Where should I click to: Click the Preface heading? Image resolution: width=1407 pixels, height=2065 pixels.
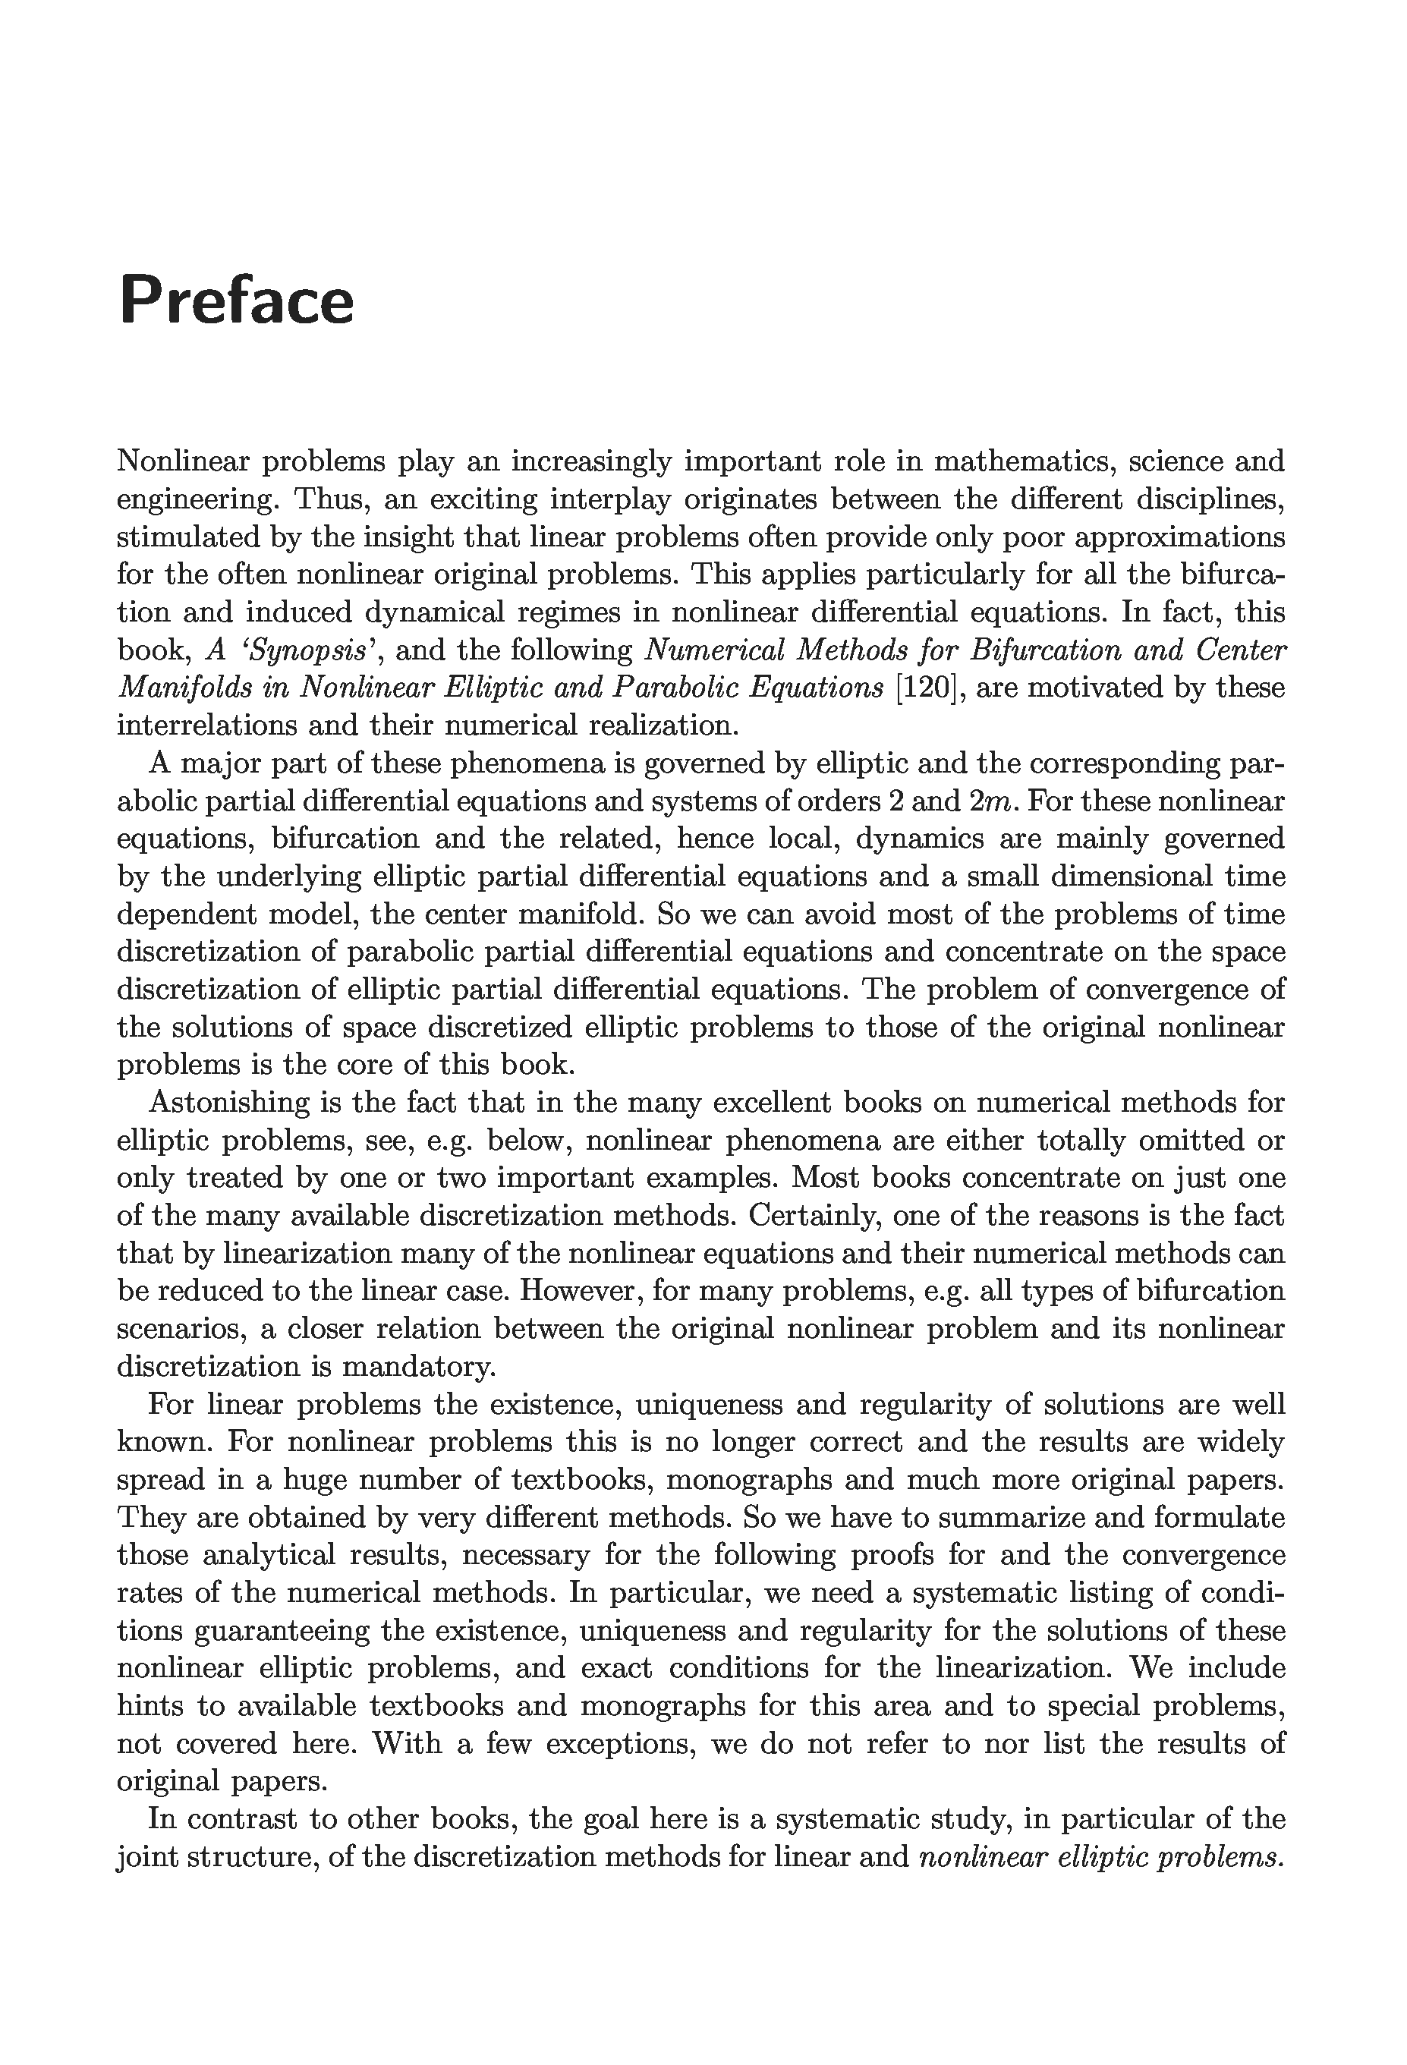(237, 301)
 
